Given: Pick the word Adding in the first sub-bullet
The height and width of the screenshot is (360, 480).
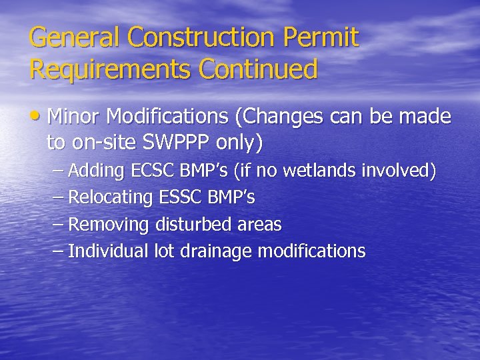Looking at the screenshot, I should tap(96, 171).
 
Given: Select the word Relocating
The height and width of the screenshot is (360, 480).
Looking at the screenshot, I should tap(111, 198).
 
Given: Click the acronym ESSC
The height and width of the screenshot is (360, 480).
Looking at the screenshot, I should tap(181, 198).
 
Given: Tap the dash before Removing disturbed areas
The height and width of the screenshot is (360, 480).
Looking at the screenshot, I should tap(58, 225).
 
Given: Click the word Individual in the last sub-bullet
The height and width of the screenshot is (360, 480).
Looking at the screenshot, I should tap(108, 251).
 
